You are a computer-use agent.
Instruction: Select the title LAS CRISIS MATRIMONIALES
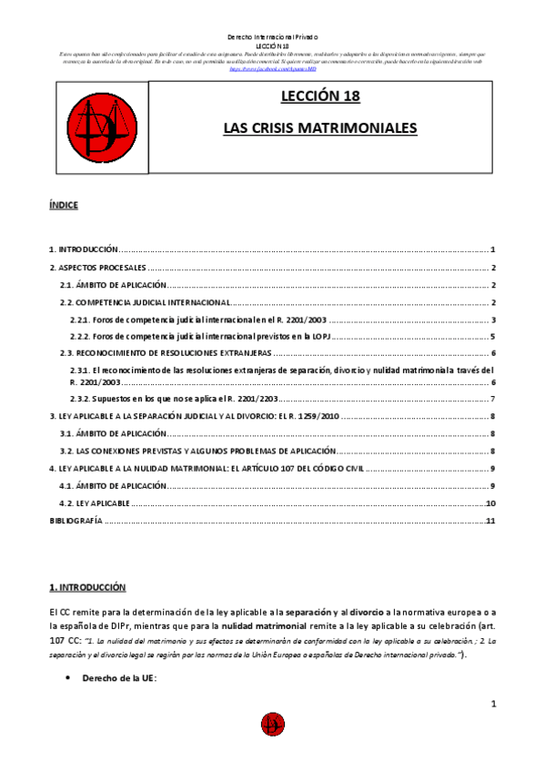pos(320,128)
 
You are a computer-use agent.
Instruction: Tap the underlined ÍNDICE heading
pos(64,205)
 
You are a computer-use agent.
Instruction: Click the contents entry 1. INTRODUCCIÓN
pos(84,249)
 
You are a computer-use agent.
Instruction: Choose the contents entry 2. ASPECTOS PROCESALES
pos(97,268)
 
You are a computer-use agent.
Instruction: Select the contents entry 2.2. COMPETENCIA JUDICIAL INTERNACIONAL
pos(144,302)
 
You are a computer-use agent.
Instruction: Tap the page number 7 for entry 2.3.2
pos(492,399)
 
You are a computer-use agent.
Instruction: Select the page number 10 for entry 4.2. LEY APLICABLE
pos(490,503)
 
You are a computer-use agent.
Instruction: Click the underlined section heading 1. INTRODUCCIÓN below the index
pos(87,587)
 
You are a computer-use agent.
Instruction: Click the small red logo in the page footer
pos(272,724)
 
